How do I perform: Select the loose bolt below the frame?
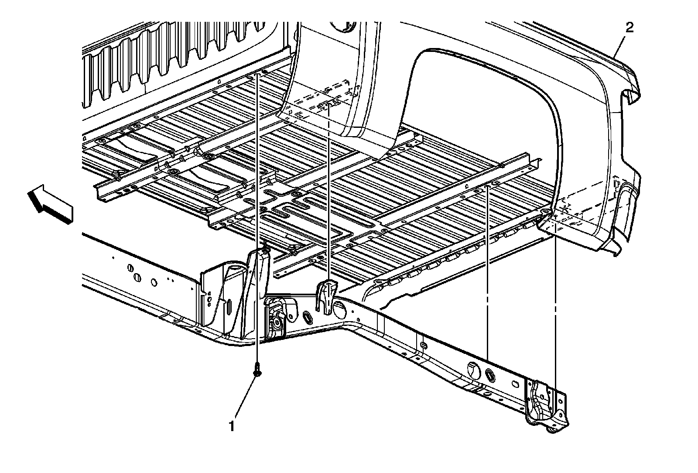click(257, 370)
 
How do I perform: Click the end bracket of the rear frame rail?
click(545, 404)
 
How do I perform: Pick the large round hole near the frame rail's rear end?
click(472, 368)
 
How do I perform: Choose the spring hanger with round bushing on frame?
click(276, 319)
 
